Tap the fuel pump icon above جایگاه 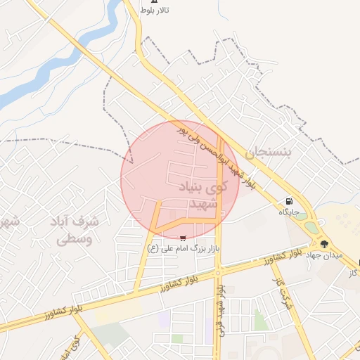tap(290, 201)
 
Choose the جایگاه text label tap(289, 212)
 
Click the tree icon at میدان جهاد tap(323, 244)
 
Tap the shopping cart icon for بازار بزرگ tap(184, 238)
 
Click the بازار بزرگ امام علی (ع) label tap(184, 248)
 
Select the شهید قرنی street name tap(222, 309)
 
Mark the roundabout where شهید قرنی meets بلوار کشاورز tap(219, 271)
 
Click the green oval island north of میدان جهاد tap(301, 216)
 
